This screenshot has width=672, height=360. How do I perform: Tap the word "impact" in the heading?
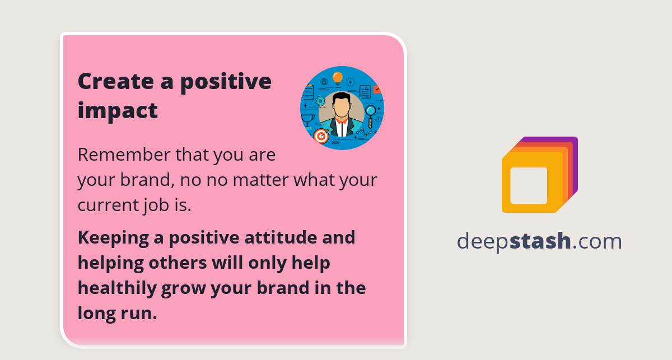pos(118,110)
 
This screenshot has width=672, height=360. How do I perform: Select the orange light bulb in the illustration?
pos(337,77)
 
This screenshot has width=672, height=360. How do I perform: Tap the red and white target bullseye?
pos(321,135)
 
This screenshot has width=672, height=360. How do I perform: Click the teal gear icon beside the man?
pos(320,101)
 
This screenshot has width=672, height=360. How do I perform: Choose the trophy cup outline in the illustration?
pos(307,120)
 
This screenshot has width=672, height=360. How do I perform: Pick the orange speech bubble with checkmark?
pos(377,90)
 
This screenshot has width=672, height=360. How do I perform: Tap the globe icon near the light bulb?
pos(324,82)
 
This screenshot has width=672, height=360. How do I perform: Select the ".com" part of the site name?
pos(597,241)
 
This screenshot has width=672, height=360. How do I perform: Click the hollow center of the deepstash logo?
pos(529,185)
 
